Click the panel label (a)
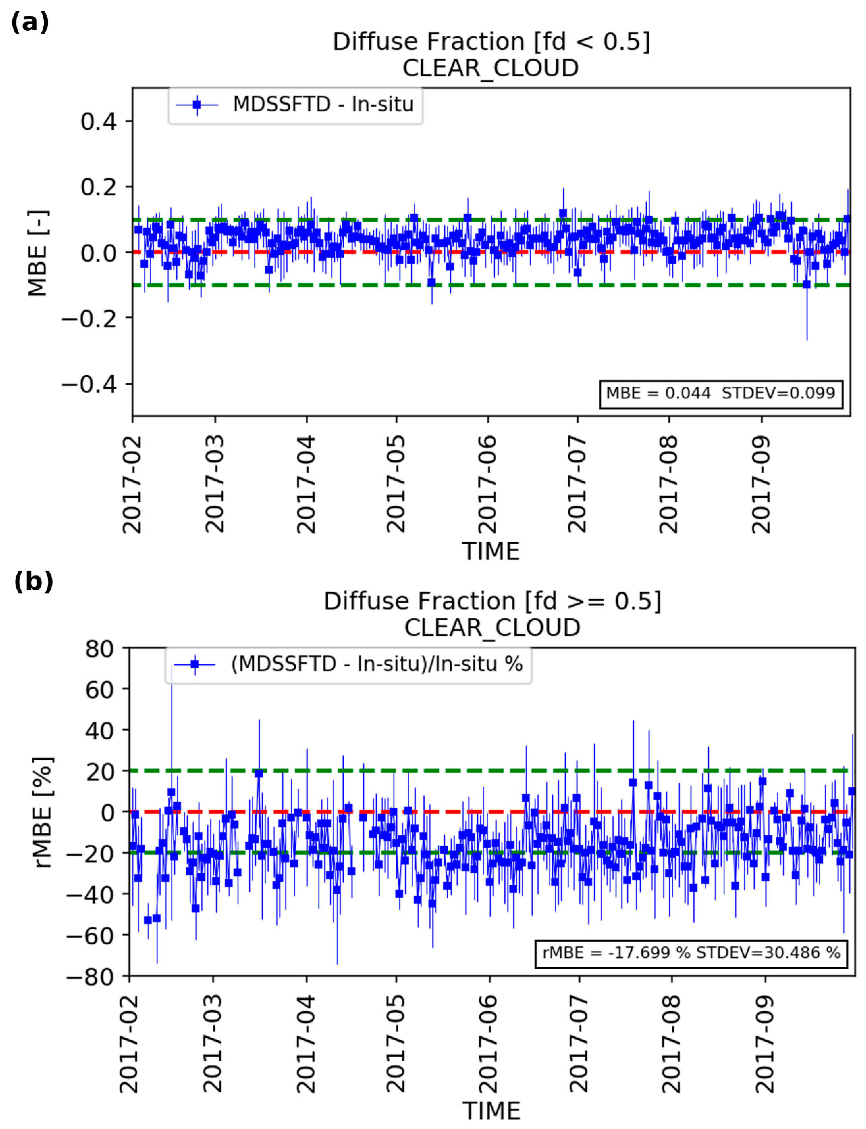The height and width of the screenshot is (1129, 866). [29, 23]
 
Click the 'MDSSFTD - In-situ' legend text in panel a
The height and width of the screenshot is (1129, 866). [323, 105]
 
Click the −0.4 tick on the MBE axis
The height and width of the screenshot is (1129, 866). [89, 384]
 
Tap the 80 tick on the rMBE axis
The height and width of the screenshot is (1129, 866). [100, 649]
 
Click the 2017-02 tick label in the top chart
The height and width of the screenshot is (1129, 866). [132, 484]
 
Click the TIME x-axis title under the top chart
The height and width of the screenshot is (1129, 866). [490, 551]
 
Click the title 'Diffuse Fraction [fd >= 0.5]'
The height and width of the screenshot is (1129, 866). [492, 601]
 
